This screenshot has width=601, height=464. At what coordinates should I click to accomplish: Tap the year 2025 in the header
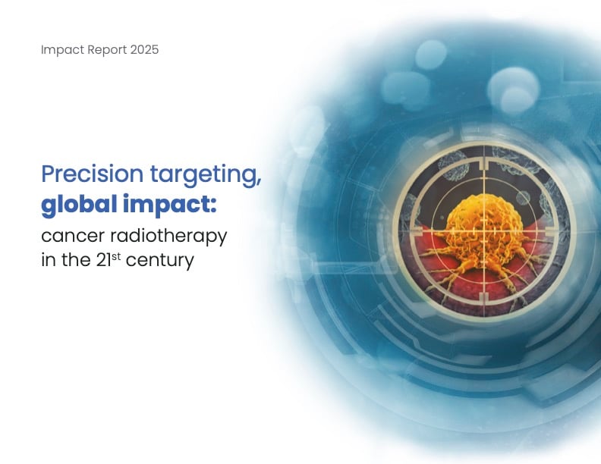[x=143, y=50]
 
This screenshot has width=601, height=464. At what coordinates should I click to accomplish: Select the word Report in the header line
[x=104, y=50]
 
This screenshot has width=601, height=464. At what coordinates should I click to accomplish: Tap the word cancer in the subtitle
[x=69, y=236]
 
